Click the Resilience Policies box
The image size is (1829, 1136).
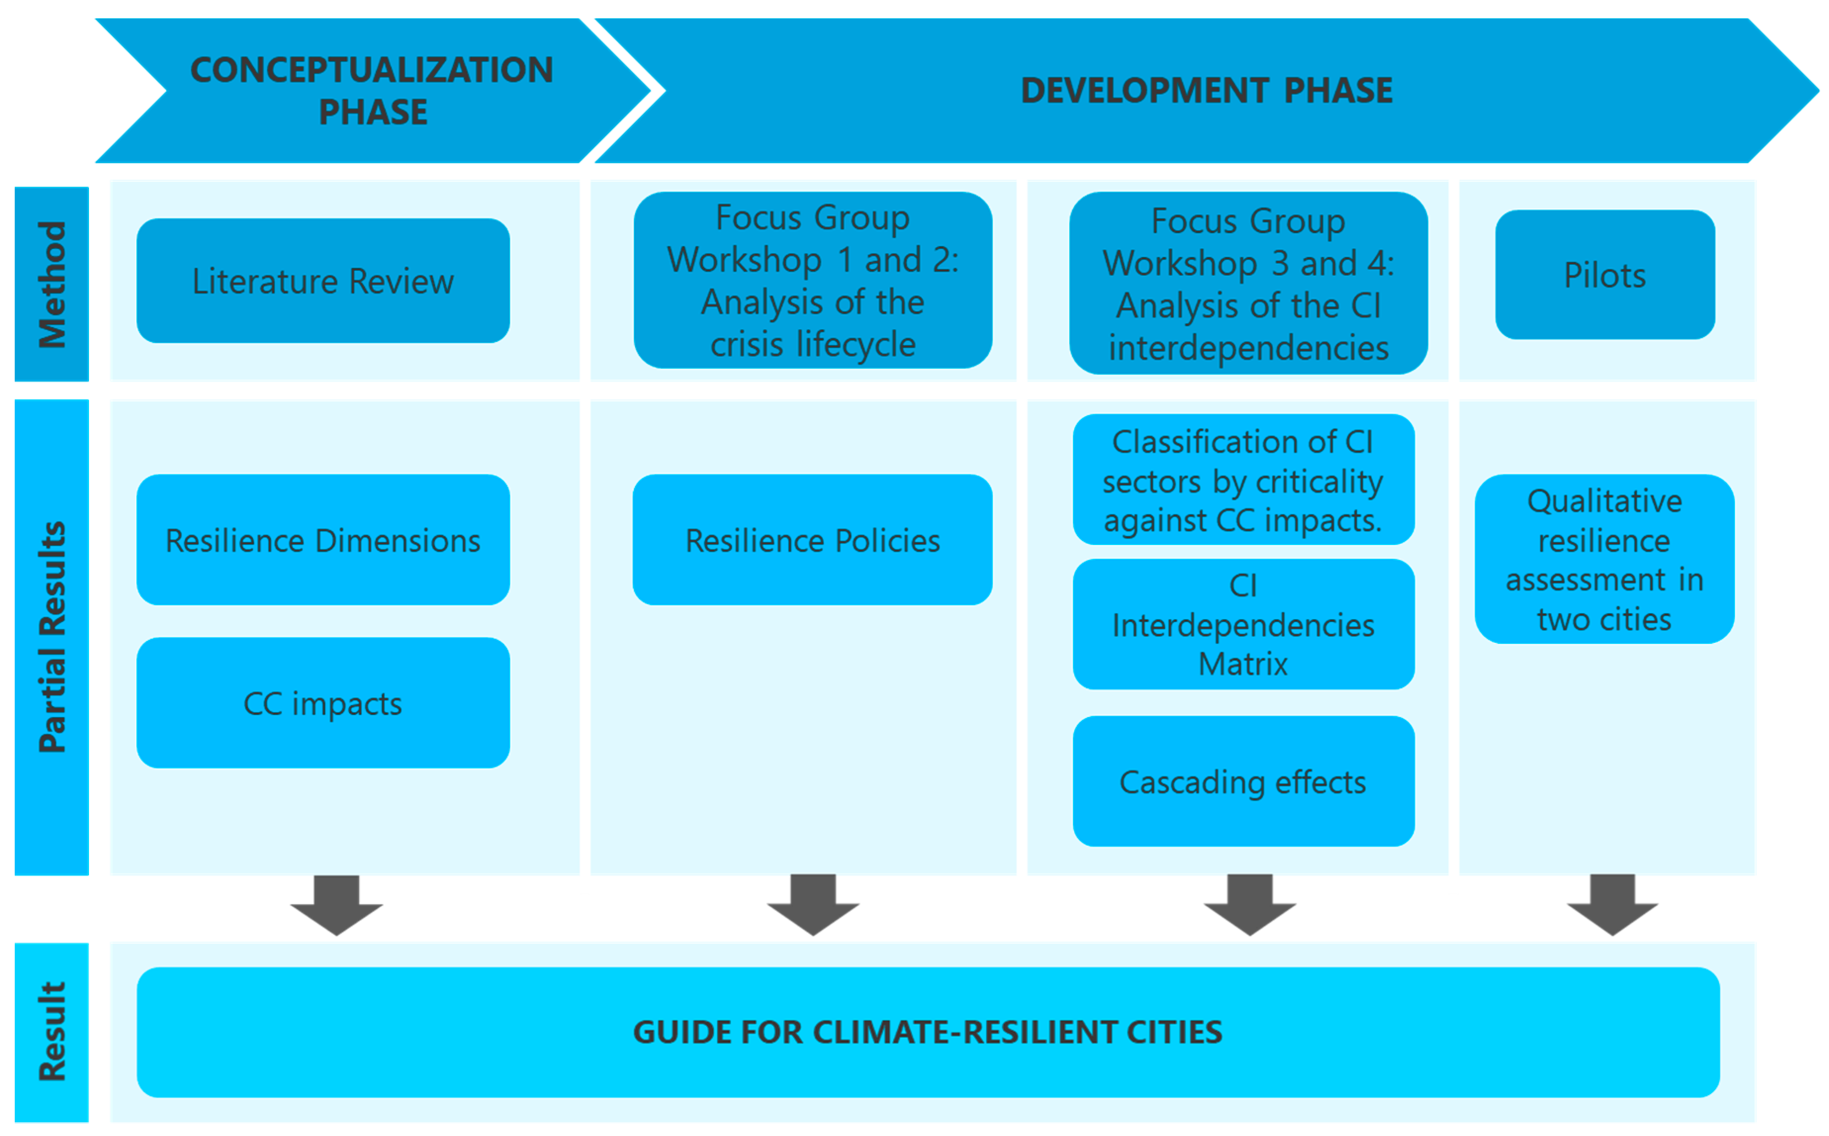[812, 540]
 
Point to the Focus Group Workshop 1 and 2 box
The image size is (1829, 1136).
[812, 280]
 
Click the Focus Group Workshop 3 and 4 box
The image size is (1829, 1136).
[1248, 283]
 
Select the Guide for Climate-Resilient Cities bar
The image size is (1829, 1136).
[928, 1032]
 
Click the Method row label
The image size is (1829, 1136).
[52, 284]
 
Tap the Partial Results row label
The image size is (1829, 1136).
[52, 637]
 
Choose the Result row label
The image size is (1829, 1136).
[52, 1032]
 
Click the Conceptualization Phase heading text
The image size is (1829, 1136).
[372, 90]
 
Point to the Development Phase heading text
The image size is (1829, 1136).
[1206, 90]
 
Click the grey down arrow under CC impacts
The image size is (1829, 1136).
[337, 905]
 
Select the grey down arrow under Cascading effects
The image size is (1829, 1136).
[1249, 905]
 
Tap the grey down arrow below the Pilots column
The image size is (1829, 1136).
[1612, 905]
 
